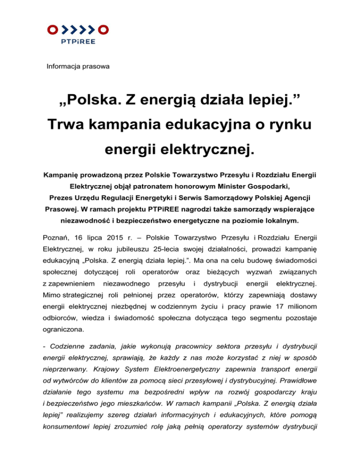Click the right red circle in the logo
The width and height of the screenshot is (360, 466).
tap(105, 30)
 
